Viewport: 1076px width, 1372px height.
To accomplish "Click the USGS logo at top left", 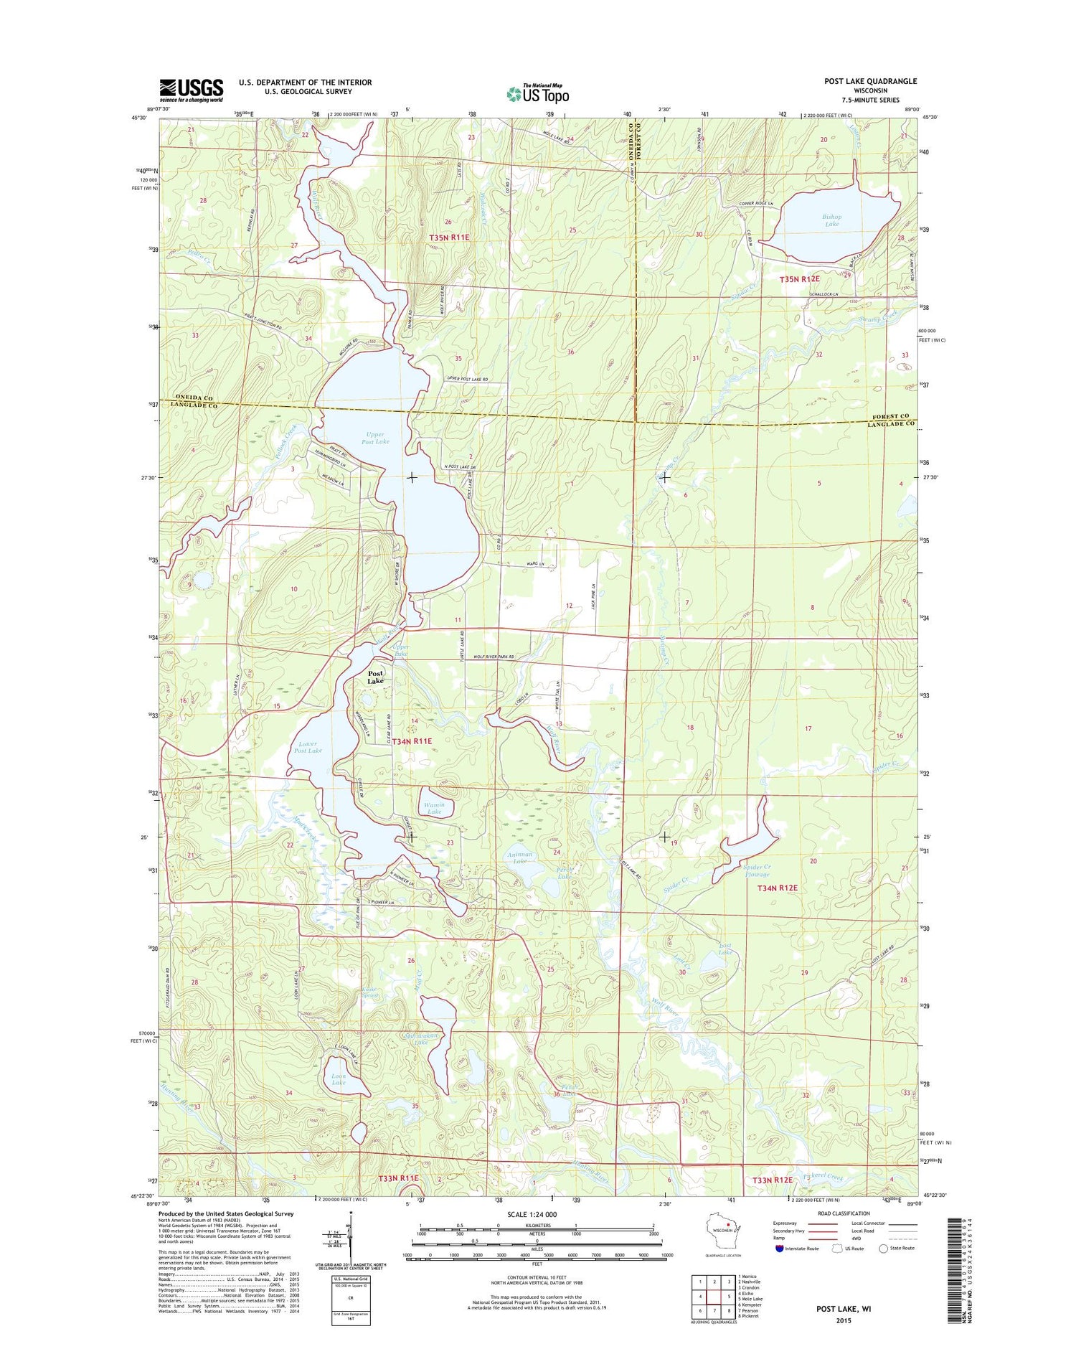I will coord(191,89).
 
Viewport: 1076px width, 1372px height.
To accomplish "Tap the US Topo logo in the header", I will coord(537,94).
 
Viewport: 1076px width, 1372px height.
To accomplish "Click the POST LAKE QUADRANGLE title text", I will coord(870,82).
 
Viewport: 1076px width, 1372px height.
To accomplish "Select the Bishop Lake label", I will coord(832,220).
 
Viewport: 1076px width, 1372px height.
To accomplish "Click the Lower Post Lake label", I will coord(308,747).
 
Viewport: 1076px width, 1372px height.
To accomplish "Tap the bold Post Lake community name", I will coord(375,677).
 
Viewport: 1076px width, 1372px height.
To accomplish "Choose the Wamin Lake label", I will coord(436,808).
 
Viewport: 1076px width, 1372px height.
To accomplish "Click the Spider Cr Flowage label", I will coord(756,870).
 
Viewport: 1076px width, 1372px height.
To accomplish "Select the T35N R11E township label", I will coord(449,238).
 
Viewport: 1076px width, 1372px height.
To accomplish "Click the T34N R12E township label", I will coord(778,888).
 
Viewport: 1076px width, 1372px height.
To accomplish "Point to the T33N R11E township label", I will coord(398,1178).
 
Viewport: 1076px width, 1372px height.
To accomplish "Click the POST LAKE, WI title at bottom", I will coord(844,1309).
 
